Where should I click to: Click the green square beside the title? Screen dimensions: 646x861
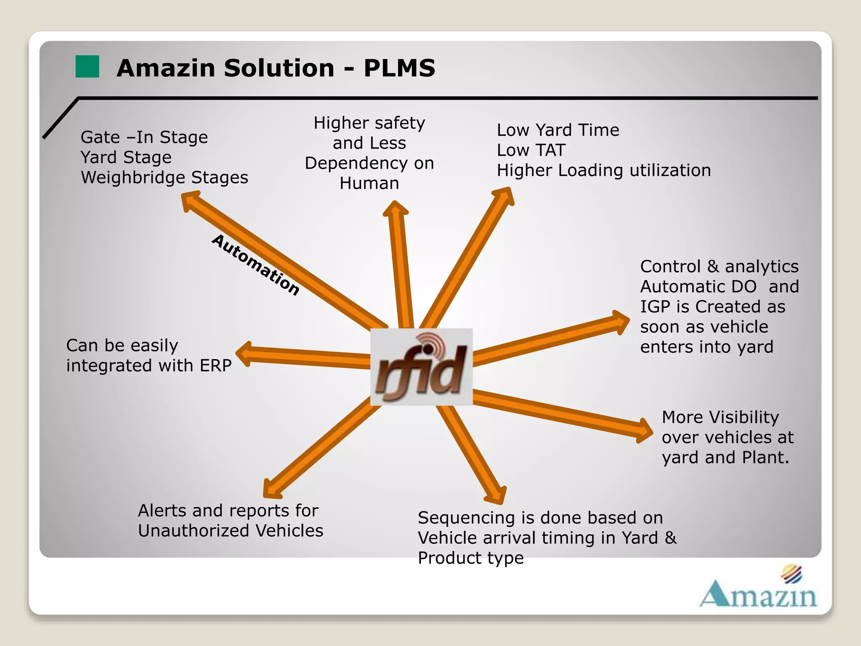pyautogui.click(x=87, y=66)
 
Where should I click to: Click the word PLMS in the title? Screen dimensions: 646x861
pyautogui.click(x=399, y=68)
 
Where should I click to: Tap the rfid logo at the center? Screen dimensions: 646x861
pyautogui.click(x=421, y=367)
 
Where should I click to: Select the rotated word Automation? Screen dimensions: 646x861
pyautogui.click(x=256, y=265)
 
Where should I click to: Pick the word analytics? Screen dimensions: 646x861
pyautogui.click(x=761, y=267)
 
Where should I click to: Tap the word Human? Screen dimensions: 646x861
pyautogui.click(x=369, y=183)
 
